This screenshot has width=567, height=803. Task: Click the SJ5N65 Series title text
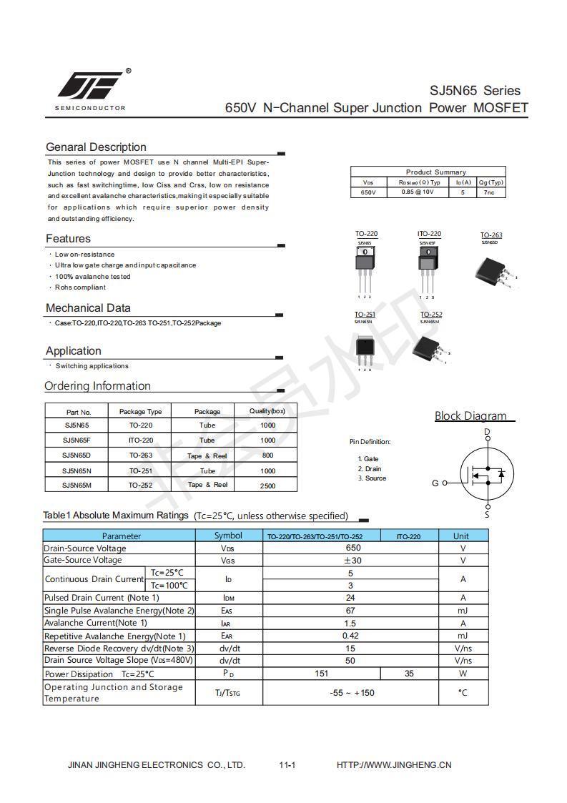point(475,91)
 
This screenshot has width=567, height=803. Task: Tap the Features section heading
point(69,238)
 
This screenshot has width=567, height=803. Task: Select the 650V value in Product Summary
point(368,192)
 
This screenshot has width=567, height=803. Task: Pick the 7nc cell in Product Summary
point(490,192)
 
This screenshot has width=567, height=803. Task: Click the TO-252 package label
point(431,315)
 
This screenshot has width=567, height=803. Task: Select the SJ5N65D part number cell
point(77,455)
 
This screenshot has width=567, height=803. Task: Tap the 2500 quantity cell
point(268,486)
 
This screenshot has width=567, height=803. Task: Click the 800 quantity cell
point(268,455)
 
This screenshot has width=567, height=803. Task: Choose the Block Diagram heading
point(470,416)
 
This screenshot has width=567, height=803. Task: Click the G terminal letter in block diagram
point(435,483)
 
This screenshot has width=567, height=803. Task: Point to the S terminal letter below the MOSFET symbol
point(488,514)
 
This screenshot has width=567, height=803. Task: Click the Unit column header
point(461,536)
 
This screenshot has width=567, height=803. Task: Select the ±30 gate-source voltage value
point(351,561)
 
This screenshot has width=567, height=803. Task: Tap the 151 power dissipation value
point(322,674)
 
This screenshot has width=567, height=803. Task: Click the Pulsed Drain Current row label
point(102,598)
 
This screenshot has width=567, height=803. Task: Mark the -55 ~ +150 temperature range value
point(352,692)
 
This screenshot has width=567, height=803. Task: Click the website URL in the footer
point(394,764)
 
